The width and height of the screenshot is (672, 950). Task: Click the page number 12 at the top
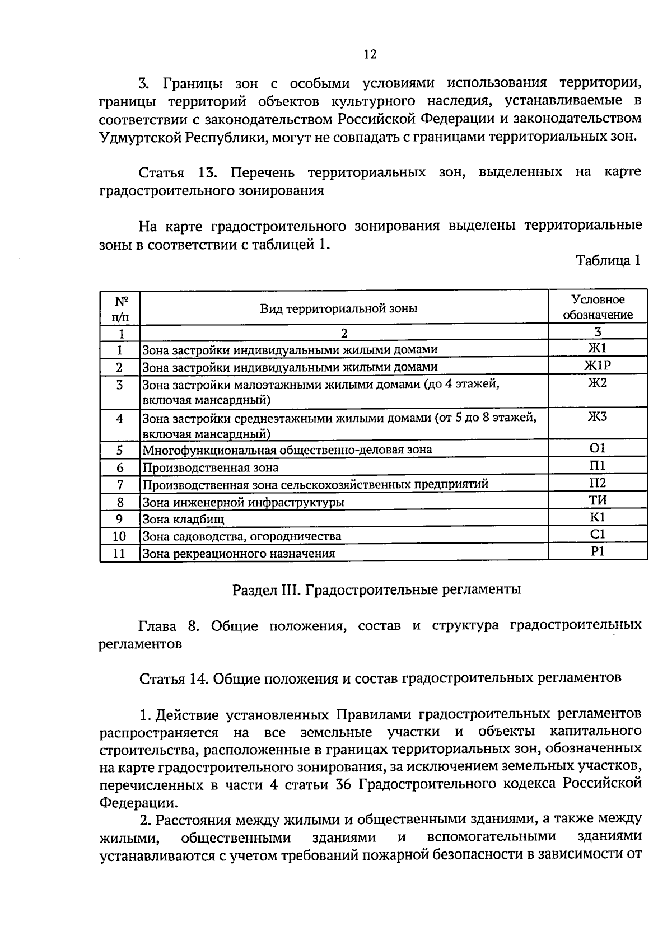370,54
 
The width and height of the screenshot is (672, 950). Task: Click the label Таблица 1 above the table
608,261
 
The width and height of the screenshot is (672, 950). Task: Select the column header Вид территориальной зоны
338,308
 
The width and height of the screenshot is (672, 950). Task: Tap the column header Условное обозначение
598,307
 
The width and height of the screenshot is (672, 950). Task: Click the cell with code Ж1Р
598,366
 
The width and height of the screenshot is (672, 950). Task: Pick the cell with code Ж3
598,417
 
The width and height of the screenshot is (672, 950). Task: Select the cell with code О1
598,448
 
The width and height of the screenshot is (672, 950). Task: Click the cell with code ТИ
598,500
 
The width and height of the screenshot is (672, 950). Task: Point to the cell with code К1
598,517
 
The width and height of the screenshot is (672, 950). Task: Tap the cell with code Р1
598,551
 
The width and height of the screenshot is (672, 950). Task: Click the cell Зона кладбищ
183,520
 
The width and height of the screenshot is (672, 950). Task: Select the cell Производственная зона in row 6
210,467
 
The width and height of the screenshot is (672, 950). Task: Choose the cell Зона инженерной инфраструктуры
243,502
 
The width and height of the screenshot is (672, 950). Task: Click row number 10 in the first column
119,536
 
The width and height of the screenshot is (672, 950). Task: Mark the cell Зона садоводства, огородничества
241,536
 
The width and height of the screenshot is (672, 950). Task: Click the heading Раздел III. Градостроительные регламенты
376,589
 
